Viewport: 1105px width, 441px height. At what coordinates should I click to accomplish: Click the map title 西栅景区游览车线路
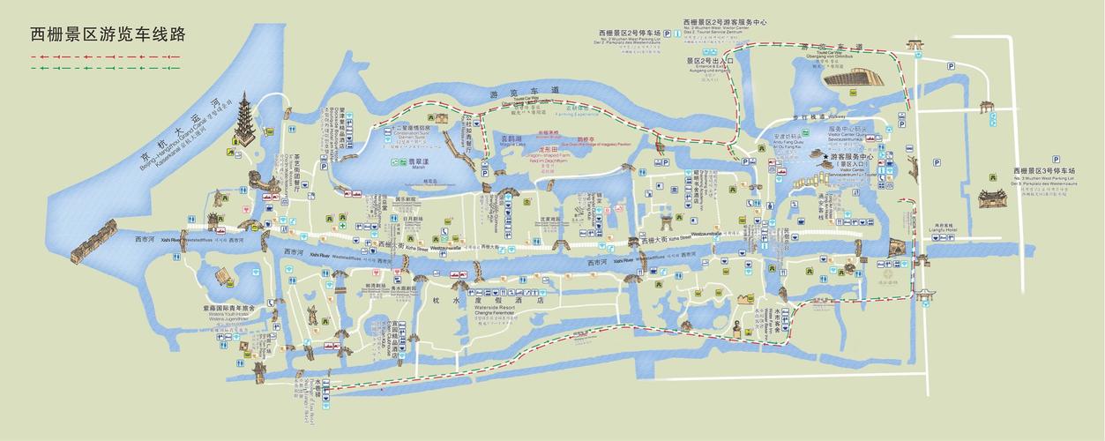108,34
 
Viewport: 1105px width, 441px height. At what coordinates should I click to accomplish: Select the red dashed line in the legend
105,56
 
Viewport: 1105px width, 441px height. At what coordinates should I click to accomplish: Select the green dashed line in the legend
105,67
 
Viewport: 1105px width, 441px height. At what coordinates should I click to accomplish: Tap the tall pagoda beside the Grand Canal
243,123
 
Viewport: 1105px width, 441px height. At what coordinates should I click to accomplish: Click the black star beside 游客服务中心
825,157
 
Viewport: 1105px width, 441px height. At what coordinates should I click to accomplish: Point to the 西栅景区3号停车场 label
1053,169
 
